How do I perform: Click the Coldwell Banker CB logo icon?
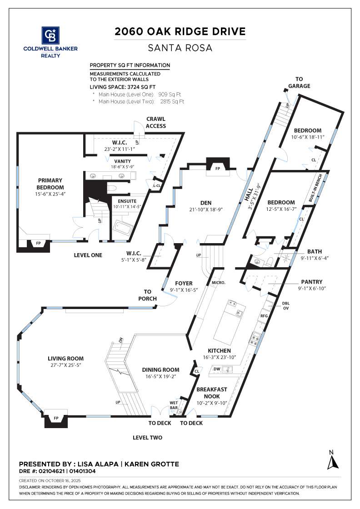pyautogui.click(x=50, y=35)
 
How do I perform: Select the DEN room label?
pyautogui.click(x=206, y=203)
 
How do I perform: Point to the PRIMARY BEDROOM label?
pyautogui.click(x=50, y=184)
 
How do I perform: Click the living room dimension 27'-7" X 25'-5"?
pyautogui.click(x=65, y=365)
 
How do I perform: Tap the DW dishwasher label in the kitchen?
pyautogui.click(x=217, y=369)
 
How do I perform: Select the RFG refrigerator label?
pyautogui.click(x=264, y=315)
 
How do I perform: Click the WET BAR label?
pyautogui.click(x=174, y=405)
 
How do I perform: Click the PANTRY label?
pyautogui.click(x=312, y=282)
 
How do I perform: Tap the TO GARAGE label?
pyautogui.click(x=299, y=82)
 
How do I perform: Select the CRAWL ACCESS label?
pyautogui.click(x=156, y=122)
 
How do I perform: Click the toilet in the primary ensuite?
pyautogui.click(x=112, y=188)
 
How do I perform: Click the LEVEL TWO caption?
pyautogui.click(x=147, y=438)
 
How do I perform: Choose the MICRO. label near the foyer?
pyautogui.click(x=219, y=283)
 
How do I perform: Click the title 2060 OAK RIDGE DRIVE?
pyautogui.click(x=180, y=31)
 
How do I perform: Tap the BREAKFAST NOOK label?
pyautogui.click(x=212, y=393)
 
